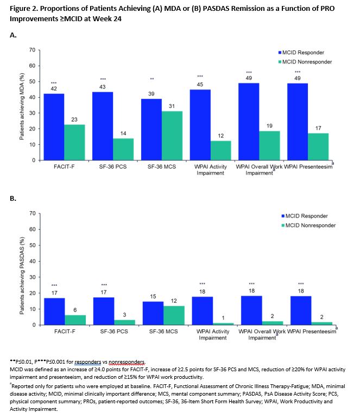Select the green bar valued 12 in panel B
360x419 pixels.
coord(174,315)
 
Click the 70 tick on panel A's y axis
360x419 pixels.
coord(33,50)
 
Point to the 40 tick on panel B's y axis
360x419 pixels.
coord(33,261)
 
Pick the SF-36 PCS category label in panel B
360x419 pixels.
coord(115,331)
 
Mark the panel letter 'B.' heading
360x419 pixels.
coord(14,199)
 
